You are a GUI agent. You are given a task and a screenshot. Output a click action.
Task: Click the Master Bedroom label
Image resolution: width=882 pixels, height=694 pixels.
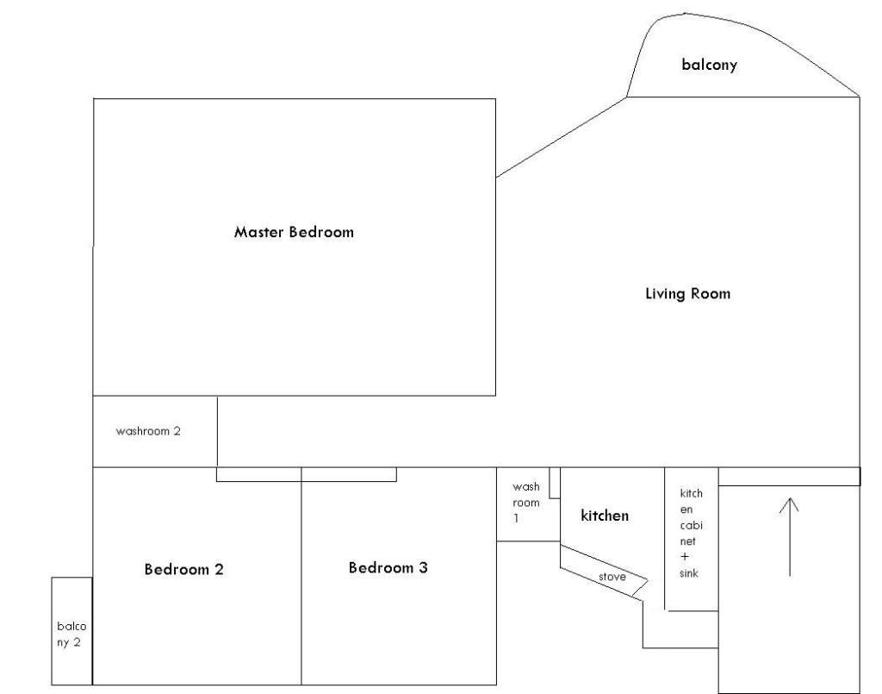(x=294, y=232)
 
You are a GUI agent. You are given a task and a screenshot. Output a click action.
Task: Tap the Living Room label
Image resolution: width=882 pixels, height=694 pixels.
(x=688, y=293)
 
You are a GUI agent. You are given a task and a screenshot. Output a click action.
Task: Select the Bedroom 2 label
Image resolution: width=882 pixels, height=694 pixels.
(x=184, y=569)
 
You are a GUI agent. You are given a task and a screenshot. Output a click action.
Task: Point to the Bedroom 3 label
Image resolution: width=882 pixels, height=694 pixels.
(x=388, y=567)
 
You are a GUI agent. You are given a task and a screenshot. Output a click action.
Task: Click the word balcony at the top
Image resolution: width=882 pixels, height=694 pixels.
(x=710, y=64)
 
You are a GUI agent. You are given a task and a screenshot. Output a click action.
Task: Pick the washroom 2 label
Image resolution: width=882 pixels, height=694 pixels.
(x=148, y=431)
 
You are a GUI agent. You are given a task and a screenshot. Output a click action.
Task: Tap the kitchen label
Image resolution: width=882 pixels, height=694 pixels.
(x=605, y=516)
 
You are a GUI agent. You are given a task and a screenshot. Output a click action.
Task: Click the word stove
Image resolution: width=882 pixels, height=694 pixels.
(x=612, y=577)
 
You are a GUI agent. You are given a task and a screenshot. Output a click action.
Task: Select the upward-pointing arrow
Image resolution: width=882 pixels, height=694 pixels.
(x=790, y=537)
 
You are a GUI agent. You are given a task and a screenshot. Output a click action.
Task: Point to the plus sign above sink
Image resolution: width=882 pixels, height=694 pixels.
(x=685, y=557)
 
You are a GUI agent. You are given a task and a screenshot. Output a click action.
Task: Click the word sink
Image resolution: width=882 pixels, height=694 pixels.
(x=688, y=573)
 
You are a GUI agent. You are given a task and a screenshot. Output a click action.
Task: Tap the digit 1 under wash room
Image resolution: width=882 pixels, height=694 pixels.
(x=516, y=518)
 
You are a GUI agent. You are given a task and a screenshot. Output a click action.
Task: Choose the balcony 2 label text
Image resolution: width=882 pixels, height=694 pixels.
(x=71, y=634)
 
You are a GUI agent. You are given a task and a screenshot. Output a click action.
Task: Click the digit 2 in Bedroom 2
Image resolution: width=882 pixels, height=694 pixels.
(x=218, y=569)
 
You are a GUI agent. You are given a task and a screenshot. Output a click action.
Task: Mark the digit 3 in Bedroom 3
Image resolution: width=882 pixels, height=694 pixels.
(x=423, y=567)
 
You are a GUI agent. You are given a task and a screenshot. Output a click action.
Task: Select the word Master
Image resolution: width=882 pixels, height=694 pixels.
(x=258, y=232)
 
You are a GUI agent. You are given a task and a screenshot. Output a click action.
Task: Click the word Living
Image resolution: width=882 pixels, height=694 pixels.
(x=665, y=294)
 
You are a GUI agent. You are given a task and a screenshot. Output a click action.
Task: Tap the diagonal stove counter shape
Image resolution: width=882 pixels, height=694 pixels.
(x=604, y=571)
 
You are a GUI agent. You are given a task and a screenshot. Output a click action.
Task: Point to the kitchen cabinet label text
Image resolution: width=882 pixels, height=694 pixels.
(x=692, y=517)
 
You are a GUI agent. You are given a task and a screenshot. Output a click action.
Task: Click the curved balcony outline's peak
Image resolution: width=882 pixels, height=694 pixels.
(x=683, y=14)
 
